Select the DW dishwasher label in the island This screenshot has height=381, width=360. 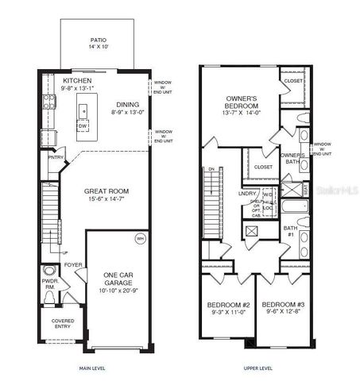pyautogui.click(x=83, y=125)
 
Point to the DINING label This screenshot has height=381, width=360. pyautogui.click(x=127, y=102)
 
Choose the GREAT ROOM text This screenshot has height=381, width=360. pyautogui.click(x=107, y=191)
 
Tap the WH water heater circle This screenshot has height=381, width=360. pyautogui.click(x=140, y=238)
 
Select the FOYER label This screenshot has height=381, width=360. pyautogui.click(x=73, y=267)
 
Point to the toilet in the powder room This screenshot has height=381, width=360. pyautogui.click(x=49, y=298)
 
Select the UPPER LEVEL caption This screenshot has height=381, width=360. pyautogui.click(x=257, y=369)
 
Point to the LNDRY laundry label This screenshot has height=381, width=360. pyautogui.click(x=246, y=193)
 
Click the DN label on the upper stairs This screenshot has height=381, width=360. pyautogui.click(x=211, y=169)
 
